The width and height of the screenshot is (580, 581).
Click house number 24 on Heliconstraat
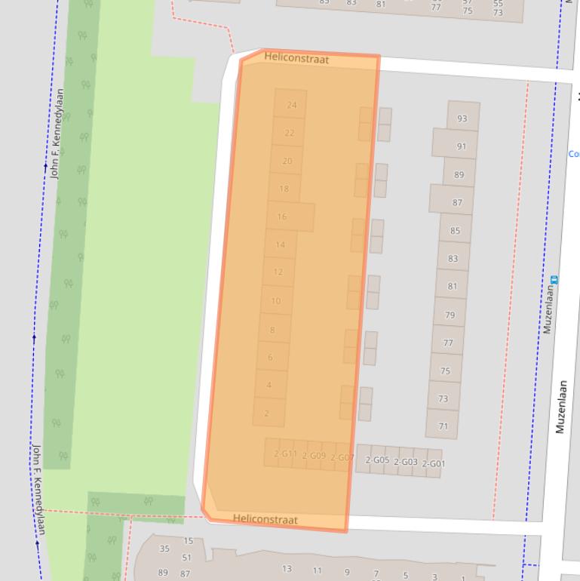291,105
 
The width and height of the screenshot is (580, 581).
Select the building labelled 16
282,217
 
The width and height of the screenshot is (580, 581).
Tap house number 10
276,301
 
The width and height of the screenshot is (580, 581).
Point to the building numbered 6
270,357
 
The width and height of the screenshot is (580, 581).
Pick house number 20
287,161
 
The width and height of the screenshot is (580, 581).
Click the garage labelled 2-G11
285,453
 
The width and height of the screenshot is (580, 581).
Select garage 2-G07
342,457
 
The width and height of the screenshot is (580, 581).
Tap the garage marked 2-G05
377,460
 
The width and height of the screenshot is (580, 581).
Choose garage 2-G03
406,462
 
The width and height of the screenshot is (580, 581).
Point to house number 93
462,118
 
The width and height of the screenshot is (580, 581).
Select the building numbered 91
462,146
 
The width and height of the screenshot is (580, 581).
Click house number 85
455,230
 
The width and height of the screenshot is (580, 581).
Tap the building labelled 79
450,315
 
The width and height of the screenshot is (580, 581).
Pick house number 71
443,426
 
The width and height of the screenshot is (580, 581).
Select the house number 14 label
281,244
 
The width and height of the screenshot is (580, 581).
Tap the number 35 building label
164,549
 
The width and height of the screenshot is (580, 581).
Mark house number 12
278,272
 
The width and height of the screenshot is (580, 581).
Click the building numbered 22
290,133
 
